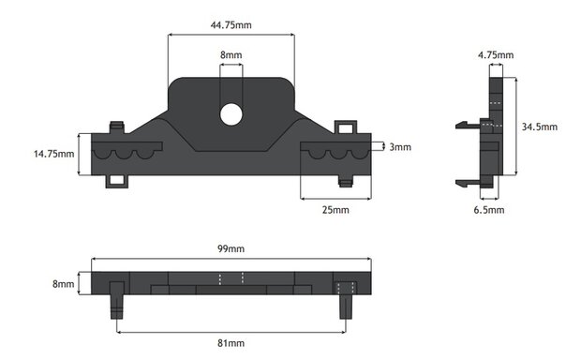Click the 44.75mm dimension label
231,25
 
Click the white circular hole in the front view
231,114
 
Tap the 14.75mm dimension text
53,154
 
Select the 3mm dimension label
400,147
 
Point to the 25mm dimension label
335,210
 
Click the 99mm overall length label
231,248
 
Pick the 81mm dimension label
231,343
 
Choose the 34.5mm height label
540,127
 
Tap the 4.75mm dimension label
496,55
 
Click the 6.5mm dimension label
489,210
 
